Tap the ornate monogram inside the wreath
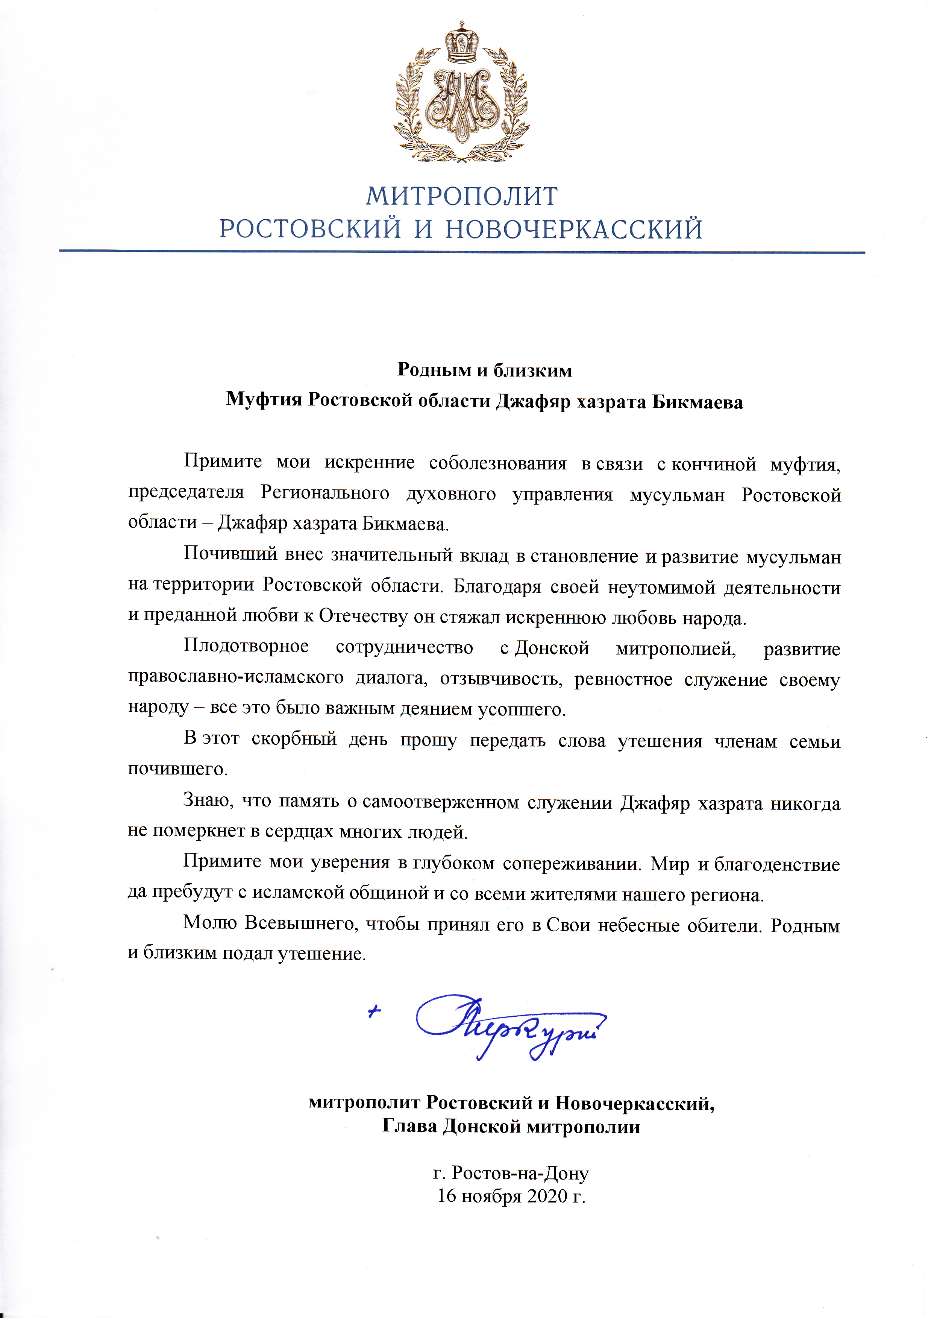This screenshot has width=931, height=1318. coord(461,103)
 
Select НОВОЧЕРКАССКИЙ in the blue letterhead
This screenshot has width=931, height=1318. coord(574,229)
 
